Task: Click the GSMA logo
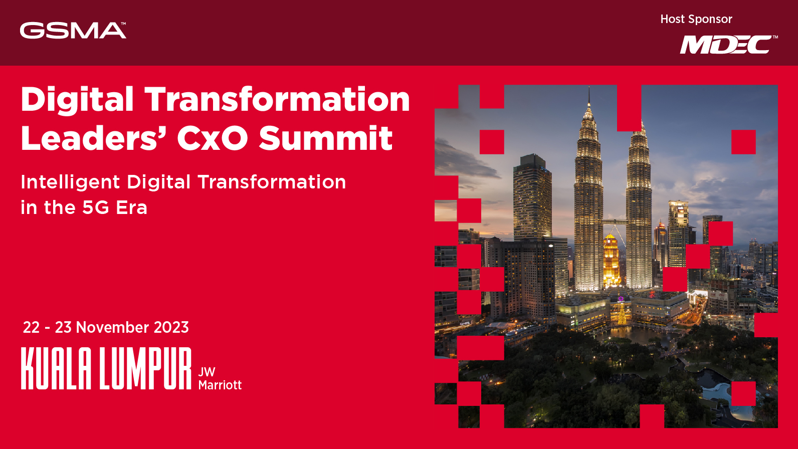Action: (73, 31)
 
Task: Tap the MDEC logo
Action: (728, 45)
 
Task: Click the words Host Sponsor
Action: (696, 19)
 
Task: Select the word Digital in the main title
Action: (77, 99)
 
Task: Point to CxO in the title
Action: (212, 138)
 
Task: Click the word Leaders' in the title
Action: (90, 138)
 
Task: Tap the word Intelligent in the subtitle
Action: (70, 182)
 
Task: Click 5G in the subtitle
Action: (96, 207)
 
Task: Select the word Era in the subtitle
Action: (132, 207)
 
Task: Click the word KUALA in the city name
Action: (56, 368)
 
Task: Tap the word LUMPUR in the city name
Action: (145, 368)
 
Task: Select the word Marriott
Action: (220, 385)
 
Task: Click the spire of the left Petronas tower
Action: (589, 100)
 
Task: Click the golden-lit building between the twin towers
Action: (611, 261)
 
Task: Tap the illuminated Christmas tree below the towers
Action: (622, 315)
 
